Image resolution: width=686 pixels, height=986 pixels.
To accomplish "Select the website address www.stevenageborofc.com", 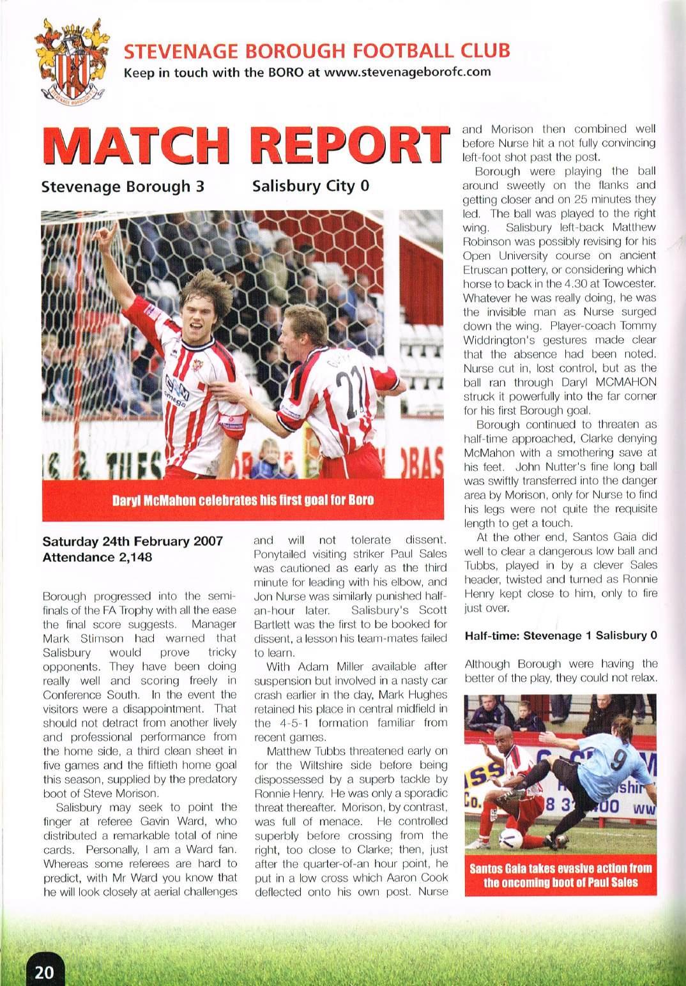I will (x=408, y=72).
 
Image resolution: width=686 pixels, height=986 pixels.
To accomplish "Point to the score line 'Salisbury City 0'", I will (x=311, y=186).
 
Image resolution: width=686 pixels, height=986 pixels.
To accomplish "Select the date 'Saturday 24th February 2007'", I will (x=132, y=542).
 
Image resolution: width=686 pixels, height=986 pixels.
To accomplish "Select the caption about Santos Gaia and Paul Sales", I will (x=561, y=876).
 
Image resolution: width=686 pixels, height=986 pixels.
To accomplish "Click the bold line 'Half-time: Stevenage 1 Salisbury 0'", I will (x=561, y=636).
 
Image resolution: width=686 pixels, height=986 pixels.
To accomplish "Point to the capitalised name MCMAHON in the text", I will (x=616, y=382).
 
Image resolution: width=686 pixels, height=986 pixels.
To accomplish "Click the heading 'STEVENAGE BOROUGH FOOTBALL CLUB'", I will (x=317, y=50).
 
